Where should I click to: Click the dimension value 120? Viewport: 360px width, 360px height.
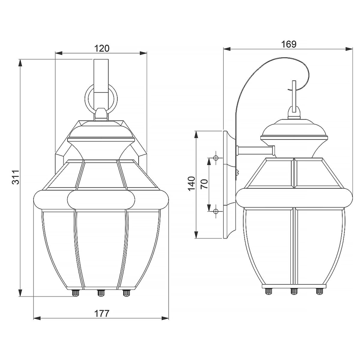click(x=101, y=48)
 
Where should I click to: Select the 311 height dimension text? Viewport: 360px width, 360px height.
click(x=15, y=178)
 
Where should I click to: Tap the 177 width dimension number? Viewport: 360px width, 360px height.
click(x=101, y=313)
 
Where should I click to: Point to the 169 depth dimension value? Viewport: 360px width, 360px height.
click(x=289, y=44)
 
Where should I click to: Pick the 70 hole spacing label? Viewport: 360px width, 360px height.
click(x=204, y=185)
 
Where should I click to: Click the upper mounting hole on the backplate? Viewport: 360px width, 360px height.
click(x=216, y=158)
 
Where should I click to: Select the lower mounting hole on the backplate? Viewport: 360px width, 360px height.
click(x=216, y=212)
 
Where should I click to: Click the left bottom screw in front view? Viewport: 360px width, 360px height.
click(x=75, y=293)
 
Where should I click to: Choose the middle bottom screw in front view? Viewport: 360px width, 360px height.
click(x=101, y=293)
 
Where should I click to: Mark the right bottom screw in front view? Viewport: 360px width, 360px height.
click(x=126, y=293)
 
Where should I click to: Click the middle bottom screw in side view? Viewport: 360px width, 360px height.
click(x=294, y=291)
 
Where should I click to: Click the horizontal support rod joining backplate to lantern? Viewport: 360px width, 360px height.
click(x=254, y=150)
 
